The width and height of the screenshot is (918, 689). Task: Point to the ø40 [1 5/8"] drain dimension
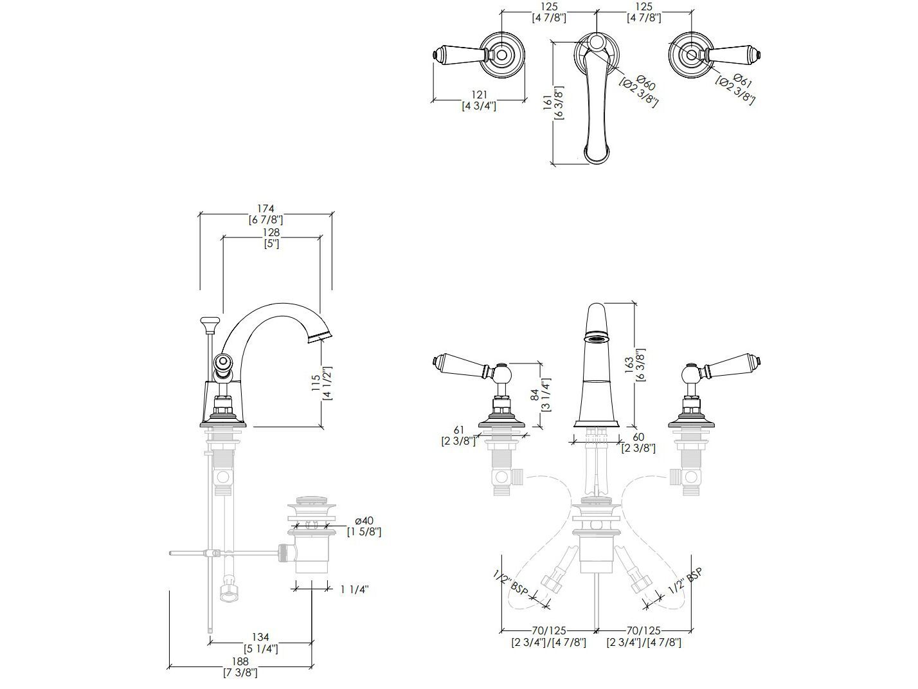pyautogui.click(x=364, y=526)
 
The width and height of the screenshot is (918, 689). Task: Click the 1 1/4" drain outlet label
pyautogui.click(x=354, y=589)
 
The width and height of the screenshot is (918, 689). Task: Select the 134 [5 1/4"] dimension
pyautogui.click(x=260, y=643)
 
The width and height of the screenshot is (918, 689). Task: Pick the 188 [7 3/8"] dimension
pyautogui.click(x=240, y=667)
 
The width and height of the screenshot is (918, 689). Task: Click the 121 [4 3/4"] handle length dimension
pyautogui.click(x=479, y=100)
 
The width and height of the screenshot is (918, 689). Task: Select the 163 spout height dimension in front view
pyautogui.click(x=640, y=365)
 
